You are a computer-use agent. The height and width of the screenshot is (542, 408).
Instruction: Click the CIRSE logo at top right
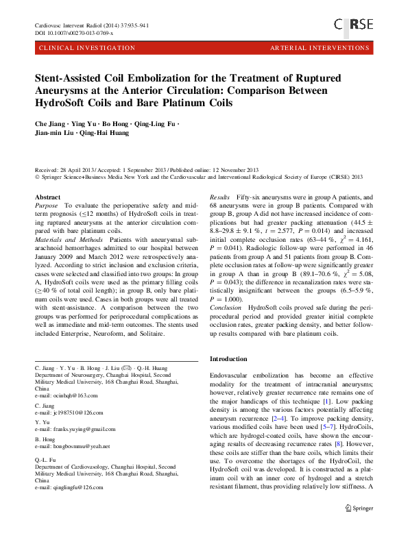353,25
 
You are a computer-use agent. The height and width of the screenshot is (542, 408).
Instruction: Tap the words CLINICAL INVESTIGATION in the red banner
88,48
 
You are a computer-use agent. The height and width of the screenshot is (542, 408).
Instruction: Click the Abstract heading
47,197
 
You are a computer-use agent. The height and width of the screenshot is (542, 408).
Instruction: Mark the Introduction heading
228,358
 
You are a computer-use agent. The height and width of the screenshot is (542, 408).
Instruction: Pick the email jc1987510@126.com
69,413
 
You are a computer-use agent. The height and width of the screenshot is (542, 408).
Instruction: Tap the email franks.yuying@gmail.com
75,429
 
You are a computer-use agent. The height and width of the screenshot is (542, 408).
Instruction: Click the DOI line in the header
74,32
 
